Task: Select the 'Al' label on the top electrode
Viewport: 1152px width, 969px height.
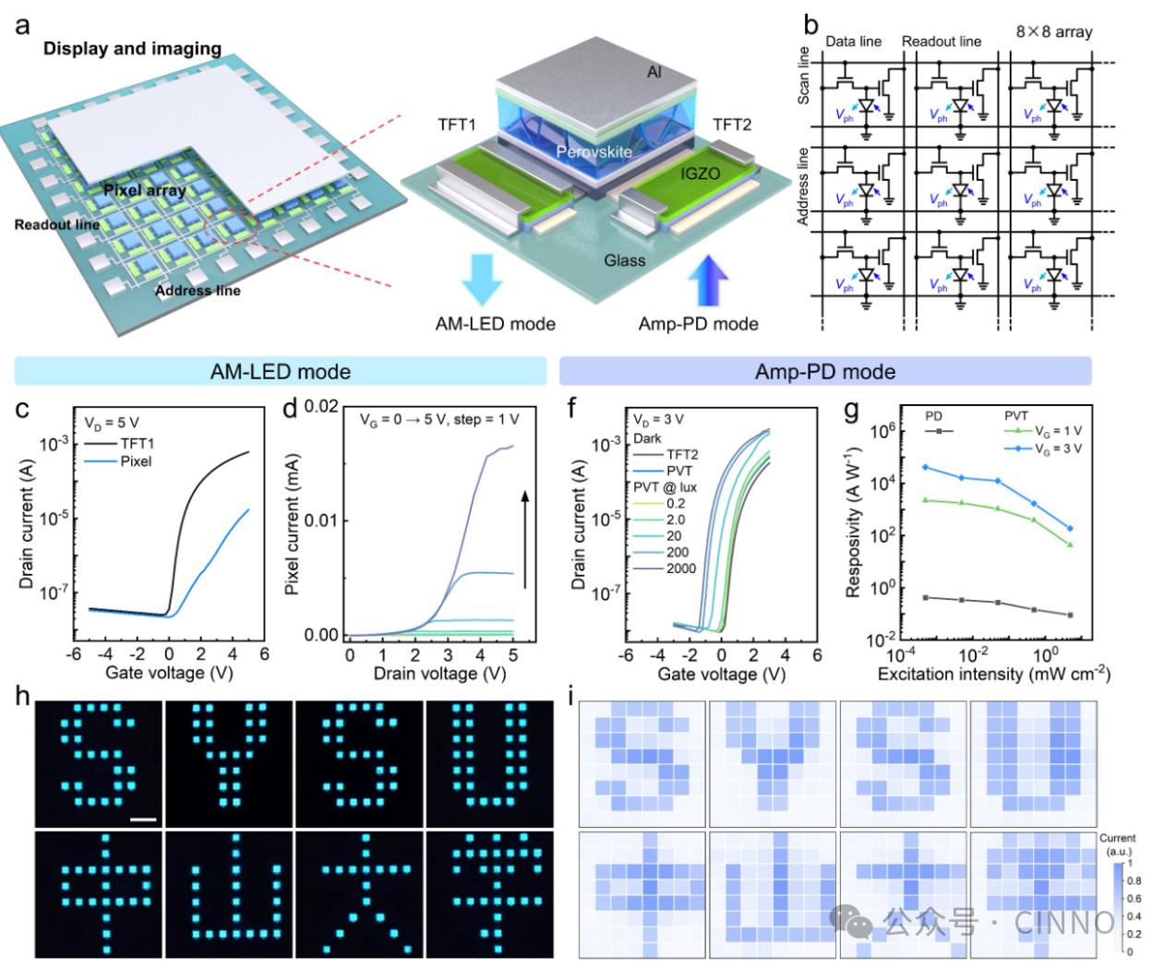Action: pos(654,71)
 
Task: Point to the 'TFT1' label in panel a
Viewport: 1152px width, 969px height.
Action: pos(457,125)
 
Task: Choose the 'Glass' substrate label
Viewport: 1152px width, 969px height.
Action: pos(625,260)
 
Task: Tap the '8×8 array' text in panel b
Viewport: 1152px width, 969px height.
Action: pos(1054,32)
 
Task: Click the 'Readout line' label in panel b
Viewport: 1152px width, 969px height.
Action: pos(941,42)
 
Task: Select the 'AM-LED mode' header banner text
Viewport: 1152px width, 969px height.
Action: pos(281,372)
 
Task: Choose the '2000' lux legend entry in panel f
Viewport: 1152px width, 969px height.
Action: pos(681,568)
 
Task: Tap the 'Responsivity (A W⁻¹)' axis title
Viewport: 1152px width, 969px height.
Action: pos(854,524)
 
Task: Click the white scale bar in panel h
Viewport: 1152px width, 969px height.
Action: pos(143,818)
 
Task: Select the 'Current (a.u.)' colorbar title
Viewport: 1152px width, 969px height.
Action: pos(1117,843)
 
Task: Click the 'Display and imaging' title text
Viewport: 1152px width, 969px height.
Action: pos(132,49)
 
